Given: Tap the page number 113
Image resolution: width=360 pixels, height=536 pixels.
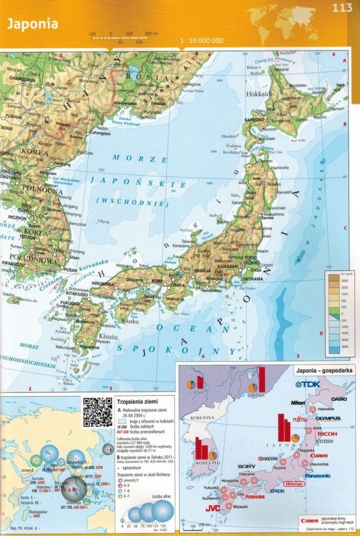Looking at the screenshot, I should tap(341, 8).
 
